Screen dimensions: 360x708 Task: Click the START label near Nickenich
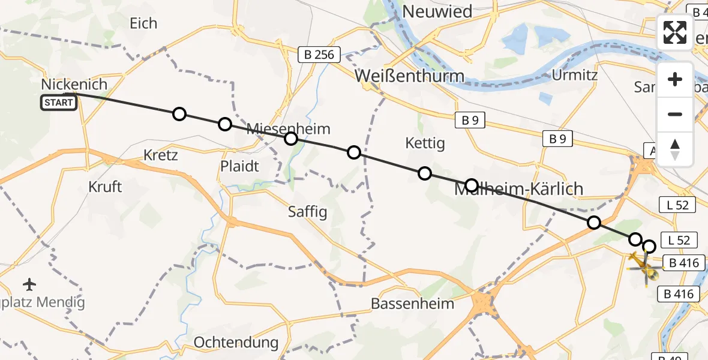pyautogui.click(x=59, y=103)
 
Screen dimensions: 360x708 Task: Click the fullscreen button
pyautogui.click(x=675, y=32)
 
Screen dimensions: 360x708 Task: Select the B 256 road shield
pyautogui.click(x=319, y=55)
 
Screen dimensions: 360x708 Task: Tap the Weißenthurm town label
pyautogui.click(x=409, y=76)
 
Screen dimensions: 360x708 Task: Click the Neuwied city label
pyautogui.click(x=437, y=11)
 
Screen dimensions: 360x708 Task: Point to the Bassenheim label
pyautogui.click(x=412, y=303)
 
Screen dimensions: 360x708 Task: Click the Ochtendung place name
pyautogui.click(x=236, y=343)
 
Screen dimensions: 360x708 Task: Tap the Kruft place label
pyautogui.click(x=105, y=187)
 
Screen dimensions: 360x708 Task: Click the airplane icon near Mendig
pyautogui.click(x=30, y=283)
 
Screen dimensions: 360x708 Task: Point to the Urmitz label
pyautogui.click(x=574, y=76)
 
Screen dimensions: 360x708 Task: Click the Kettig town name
pyautogui.click(x=425, y=143)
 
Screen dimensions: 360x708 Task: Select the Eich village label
pyautogui.click(x=143, y=23)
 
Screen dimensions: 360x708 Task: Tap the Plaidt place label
pyautogui.click(x=240, y=166)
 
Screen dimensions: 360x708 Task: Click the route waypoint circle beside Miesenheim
pyautogui.click(x=290, y=139)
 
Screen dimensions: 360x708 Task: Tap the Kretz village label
pyautogui.click(x=160, y=155)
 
